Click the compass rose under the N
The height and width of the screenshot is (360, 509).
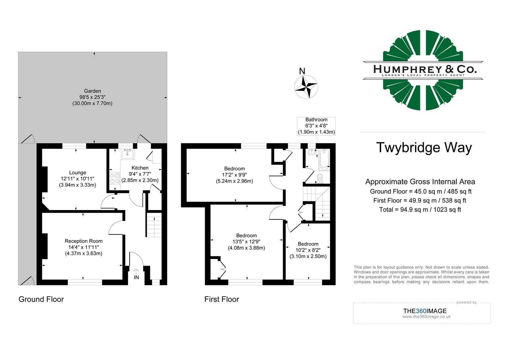tap(306, 87)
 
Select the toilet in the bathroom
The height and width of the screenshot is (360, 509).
tap(320, 178)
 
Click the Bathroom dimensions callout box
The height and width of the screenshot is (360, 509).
tap(316, 126)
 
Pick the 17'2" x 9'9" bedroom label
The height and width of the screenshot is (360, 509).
tap(235, 175)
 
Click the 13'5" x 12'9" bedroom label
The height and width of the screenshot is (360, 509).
tap(247, 242)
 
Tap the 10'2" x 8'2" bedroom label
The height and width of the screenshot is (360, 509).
tap(308, 250)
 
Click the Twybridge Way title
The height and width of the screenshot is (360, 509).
tap(424, 147)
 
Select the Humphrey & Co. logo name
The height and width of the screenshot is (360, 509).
tap(425, 69)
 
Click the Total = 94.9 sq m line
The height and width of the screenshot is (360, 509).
tap(420, 210)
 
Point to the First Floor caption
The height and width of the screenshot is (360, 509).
tap(222, 299)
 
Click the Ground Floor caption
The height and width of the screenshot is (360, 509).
tap(41, 299)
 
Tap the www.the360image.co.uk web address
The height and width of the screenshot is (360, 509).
tap(426, 317)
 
